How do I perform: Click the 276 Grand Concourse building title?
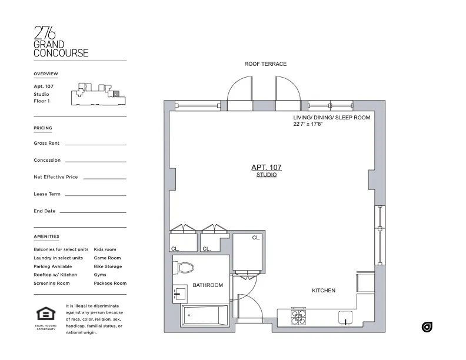[61, 42]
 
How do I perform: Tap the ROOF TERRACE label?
[265, 64]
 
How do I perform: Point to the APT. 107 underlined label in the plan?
[266, 168]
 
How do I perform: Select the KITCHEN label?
[323, 291]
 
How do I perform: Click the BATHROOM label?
[208, 285]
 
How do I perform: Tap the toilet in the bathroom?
[184, 268]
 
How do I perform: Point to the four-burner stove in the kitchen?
[298, 317]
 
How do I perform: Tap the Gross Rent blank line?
[95, 144]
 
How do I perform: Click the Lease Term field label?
[47, 194]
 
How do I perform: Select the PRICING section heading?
[43, 128]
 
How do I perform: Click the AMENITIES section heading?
[46, 236]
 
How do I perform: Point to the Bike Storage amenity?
[108, 266]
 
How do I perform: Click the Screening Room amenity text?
[52, 284]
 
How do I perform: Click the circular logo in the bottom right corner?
[427, 327]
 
